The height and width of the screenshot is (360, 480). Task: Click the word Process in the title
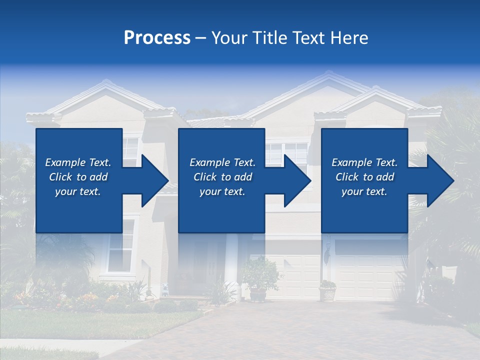click(x=157, y=38)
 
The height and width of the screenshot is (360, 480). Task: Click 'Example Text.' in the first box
click(x=78, y=162)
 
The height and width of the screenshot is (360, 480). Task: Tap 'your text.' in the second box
click(x=222, y=191)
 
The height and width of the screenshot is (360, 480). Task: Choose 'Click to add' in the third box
click(x=364, y=177)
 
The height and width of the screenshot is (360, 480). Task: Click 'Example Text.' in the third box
click(x=364, y=162)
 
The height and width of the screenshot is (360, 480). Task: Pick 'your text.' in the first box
click(x=78, y=191)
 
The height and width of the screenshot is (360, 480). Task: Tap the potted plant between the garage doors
click(x=327, y=290)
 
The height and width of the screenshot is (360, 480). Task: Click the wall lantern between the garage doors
click(x=327, y=255)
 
